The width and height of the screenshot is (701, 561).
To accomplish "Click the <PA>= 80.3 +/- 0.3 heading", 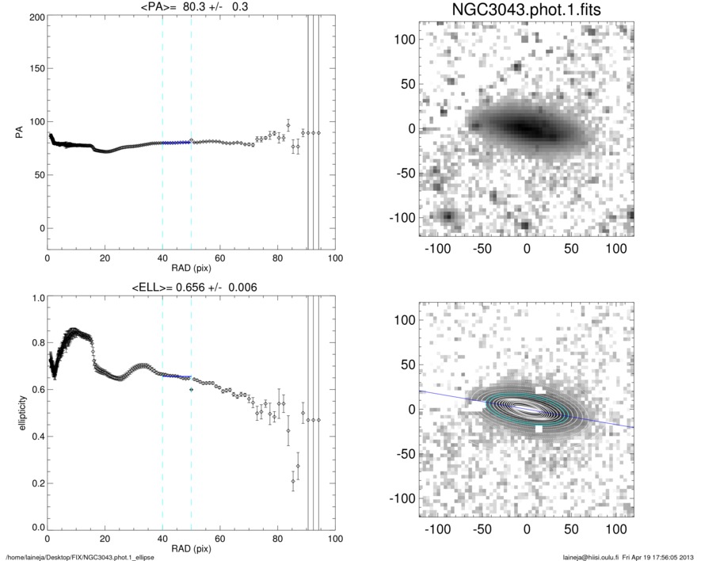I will [x=191, y=9].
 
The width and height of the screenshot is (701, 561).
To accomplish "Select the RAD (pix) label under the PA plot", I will [x=191, y=269].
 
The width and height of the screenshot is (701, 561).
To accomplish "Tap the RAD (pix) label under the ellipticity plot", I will [x=191, y=548].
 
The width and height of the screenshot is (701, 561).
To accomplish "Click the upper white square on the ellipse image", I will [x=539, y=391].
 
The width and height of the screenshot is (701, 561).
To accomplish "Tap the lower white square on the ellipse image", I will [x=539, y=429].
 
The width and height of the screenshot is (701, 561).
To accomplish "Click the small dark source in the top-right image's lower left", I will [x=448, y=216].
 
